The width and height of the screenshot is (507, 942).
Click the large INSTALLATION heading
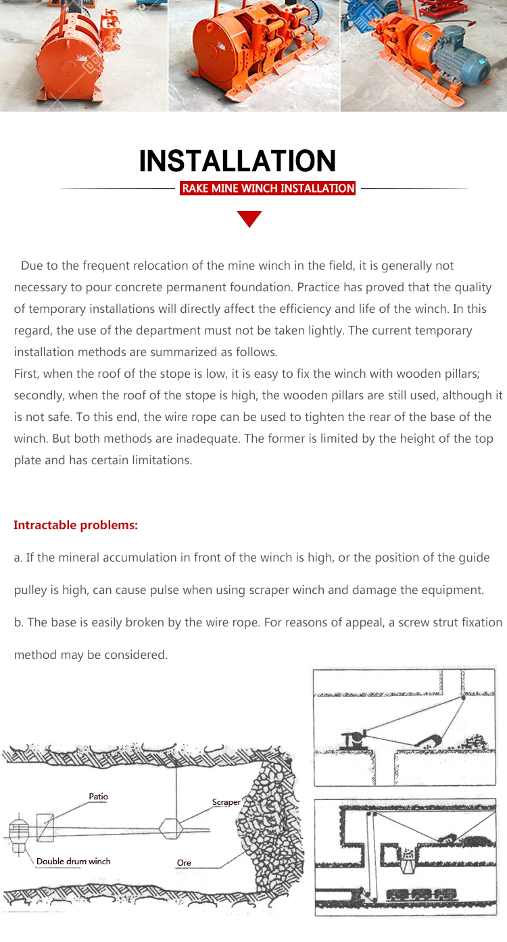click(x=237, y=161)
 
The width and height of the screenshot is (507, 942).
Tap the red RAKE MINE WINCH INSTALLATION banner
click(x=268, y=189)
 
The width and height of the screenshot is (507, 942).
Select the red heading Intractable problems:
click(x=76, y=525)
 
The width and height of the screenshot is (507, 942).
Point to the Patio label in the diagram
click(x=98, y=797)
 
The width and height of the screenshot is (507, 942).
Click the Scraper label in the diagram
click(x=226, y=802)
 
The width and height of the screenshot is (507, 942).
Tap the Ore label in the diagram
click(x=184, y=863)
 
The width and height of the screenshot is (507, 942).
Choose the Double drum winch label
click(x=73, y=861)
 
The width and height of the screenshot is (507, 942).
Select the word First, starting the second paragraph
click(x=27, y=374)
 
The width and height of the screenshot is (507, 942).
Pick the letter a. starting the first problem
click(x=18, y=557)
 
